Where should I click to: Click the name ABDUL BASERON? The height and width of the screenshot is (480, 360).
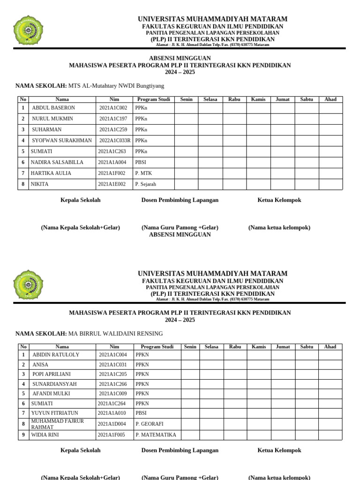[x=53, y=108]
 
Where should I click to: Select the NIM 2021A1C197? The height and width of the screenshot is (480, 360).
[x=113, y=119]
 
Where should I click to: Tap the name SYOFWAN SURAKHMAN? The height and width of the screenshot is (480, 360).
[x=62, y=141]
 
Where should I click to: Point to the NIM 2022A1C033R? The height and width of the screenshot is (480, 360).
[x=115, y=141]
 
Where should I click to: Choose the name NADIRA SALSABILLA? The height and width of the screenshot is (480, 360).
[x=57, y=162]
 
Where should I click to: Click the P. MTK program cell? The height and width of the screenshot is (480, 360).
[x=143, y=173]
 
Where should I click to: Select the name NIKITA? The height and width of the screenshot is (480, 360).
[x=39, y=184]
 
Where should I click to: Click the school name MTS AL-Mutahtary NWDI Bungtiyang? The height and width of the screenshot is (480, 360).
[x=116, y=86]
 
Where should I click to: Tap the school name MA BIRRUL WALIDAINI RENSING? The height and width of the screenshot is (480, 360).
[x=115, y=334]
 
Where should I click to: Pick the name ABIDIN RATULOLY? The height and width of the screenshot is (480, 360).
[x=56, y=355]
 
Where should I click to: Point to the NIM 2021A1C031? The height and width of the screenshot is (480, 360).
[x=112, y=365]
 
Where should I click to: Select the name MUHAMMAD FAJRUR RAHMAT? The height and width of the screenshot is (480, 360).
[x=57, y=424]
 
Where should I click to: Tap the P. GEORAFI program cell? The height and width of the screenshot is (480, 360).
[x=149, y=424]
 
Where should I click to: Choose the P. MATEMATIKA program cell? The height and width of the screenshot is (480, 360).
[x=156, y=435]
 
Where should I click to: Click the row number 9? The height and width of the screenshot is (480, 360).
[x=23, y=435]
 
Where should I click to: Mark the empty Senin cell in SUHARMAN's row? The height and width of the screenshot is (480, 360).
[x=186, y=130]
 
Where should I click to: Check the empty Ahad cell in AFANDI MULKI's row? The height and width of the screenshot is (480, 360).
[x=330, y=394]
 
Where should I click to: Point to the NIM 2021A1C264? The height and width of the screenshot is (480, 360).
[x=112, y=404]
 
